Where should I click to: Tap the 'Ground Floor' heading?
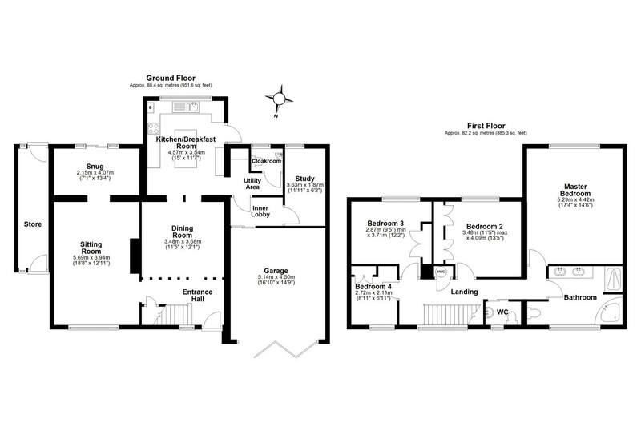tap(171, 78)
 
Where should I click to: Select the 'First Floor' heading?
tap(486, 126)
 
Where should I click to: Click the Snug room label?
tap(95, 167)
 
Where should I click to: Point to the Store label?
tap(33, 224)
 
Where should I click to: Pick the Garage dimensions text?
tap(276, 280)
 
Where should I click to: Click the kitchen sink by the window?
tap(186, 107)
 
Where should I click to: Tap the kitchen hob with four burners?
tap(154, 128)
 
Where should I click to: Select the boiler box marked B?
tap(151, 107)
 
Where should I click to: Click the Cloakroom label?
tap(267, 161)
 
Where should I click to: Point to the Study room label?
tap(305, 179)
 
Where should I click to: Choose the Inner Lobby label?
tap(260, 211)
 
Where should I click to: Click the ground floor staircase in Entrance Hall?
tap(175, 315)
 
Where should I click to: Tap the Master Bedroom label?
tap(575, 190)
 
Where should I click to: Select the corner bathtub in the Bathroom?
tap(609, 315)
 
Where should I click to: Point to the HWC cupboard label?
tap(441, 271)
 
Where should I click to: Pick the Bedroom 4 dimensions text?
tap(373, 296)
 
